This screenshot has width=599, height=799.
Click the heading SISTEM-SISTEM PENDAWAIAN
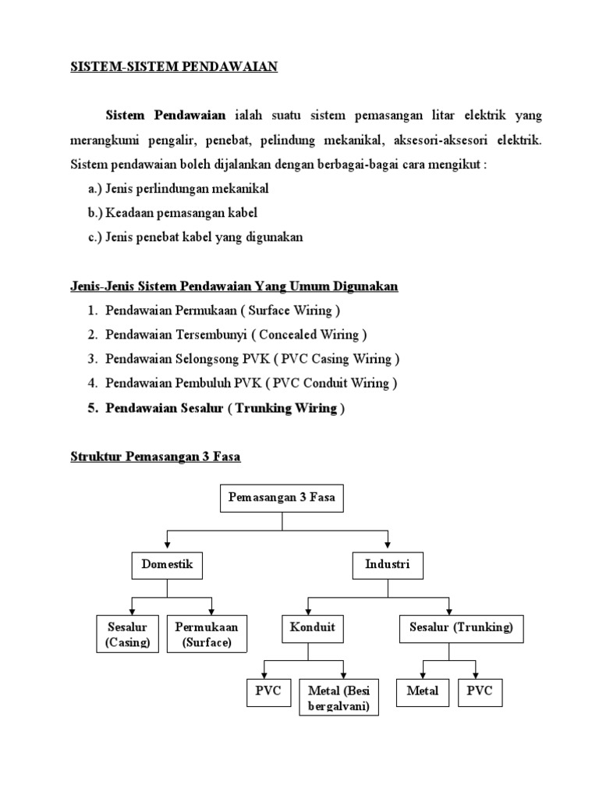point(174,67)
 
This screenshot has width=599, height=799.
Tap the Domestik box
point(167,564)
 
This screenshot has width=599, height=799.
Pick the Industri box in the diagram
point(387,564)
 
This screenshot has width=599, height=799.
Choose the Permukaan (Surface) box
point(207,634)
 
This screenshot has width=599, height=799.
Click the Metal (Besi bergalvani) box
point(338,698)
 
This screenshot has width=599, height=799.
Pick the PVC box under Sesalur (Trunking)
point(480,691)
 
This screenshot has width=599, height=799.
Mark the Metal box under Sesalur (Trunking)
point(423,691)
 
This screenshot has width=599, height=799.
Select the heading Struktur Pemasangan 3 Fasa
point(155,457)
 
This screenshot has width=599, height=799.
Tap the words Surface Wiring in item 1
point(290,311)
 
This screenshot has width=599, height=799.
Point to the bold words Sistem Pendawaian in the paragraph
point(165,115)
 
